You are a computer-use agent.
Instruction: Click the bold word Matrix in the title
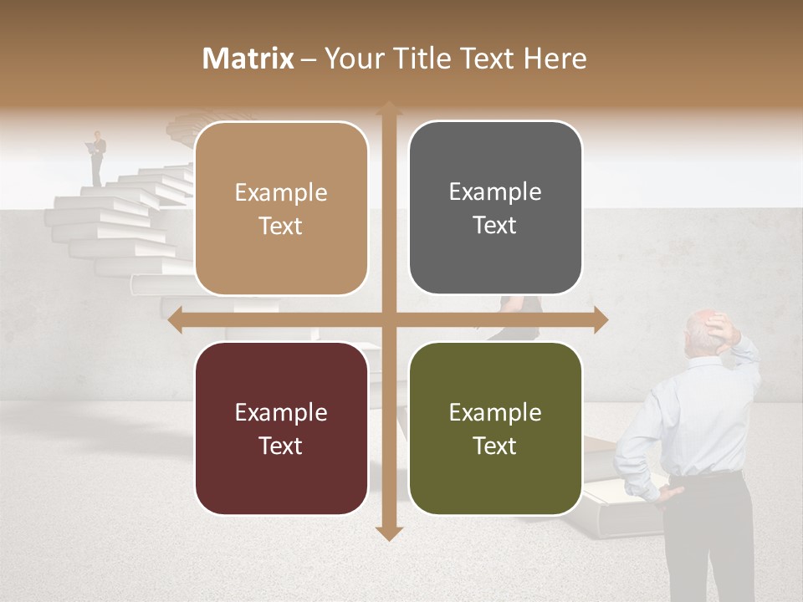tap(248, 59)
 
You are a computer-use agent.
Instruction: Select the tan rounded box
tap(281, 208)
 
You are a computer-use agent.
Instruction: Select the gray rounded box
tap(495, 207)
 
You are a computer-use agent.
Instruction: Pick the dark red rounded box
tap(281, 428)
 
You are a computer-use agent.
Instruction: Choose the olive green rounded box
tap(495, 428)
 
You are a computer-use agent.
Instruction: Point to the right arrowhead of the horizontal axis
tap(600, 319)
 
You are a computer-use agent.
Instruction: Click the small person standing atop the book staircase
tap(99, 157)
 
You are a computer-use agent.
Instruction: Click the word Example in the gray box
tap(495, 192)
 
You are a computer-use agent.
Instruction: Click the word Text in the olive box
tap(495, 446)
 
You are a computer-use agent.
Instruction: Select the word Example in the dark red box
tap(281, 412)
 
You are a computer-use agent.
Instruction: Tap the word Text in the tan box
tap(281, 226)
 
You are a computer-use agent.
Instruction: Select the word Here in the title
tap(555, 59)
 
